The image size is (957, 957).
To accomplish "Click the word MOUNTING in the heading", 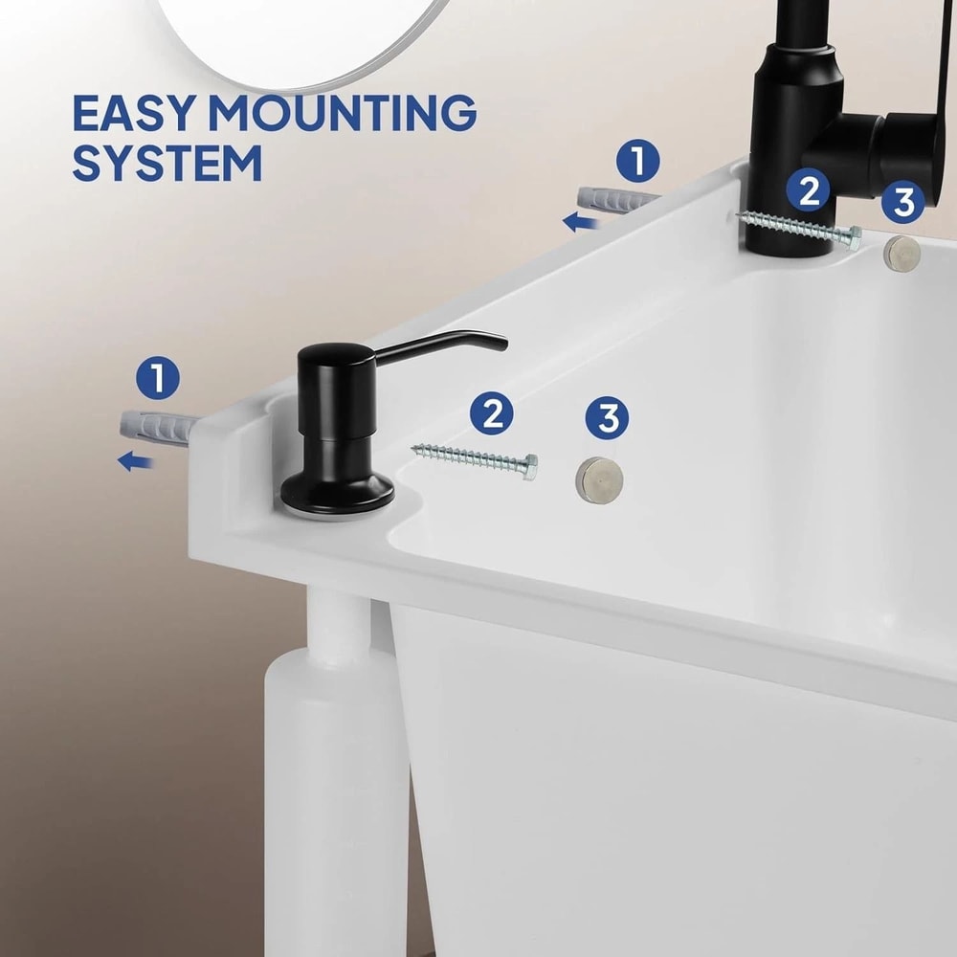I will tap(345, 114).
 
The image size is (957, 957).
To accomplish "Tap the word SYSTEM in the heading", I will tap(167, 163).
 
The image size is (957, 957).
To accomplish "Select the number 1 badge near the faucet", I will tap(637, 161).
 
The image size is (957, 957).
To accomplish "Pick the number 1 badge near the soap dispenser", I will tap(158, 378).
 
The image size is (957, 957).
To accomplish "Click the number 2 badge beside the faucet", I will tap(809, 190).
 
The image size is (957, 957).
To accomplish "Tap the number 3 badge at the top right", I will tap(903, 202).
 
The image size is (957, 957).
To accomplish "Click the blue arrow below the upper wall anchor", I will tap(581, 223).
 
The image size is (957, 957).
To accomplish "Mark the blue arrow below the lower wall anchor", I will tap(136, 462).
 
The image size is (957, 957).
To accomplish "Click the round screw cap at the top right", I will tap(901, 251).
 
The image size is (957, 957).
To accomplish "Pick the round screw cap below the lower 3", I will tap(598, 475).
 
